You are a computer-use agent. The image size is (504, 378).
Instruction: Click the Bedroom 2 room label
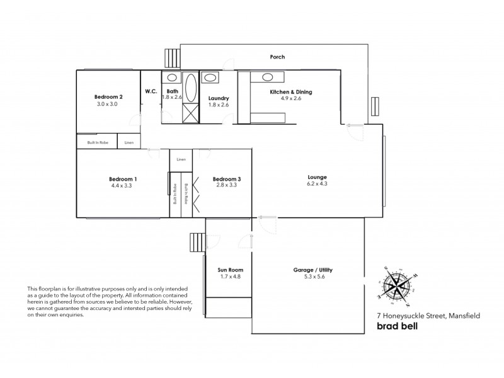pos(108,96)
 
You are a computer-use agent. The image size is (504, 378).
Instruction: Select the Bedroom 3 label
pos(227,179)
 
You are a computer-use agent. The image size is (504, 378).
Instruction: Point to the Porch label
pos(277,57)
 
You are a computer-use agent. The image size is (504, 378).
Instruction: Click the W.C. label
pos(151,91)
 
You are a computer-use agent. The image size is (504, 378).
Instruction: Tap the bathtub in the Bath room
pos(190,88)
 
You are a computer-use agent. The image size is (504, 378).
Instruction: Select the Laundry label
pos(218,99)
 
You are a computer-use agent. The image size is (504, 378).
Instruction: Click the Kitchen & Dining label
pos(290,92)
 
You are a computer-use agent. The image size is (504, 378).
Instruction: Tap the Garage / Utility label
pos(313,270)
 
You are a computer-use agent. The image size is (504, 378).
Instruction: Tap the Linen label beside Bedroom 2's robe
pos(129,142)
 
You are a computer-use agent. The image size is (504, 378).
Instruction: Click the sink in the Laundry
pos(210,79)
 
